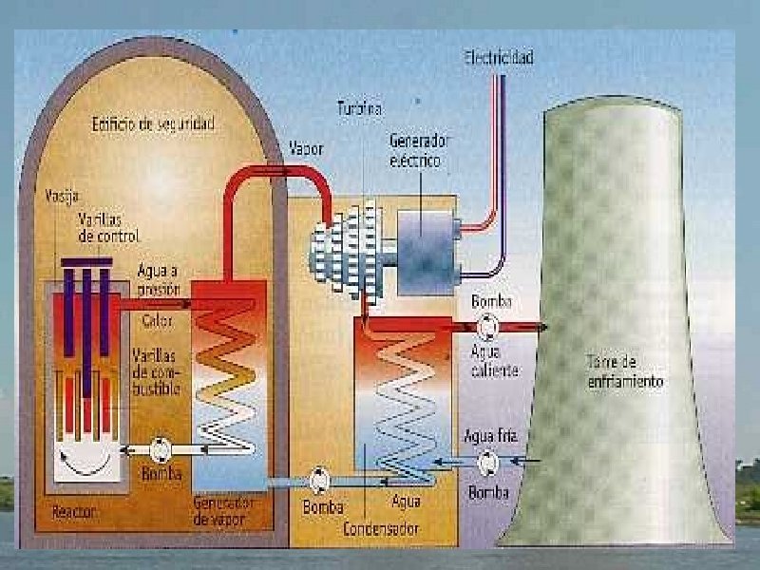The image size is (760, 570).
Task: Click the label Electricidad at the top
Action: [x=499, y=58]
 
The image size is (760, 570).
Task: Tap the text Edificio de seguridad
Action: [x=153, y=124]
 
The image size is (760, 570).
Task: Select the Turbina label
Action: [x=360, y=109]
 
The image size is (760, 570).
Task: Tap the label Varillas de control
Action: [x=108, y=228]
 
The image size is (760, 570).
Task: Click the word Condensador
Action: [x=382, y=527]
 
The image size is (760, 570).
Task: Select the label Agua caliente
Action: [x=494, y=362]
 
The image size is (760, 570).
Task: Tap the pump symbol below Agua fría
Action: [x=489, y=463]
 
